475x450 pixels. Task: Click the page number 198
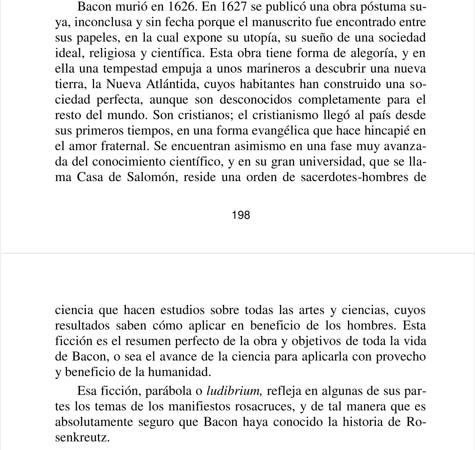coord(241,215)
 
